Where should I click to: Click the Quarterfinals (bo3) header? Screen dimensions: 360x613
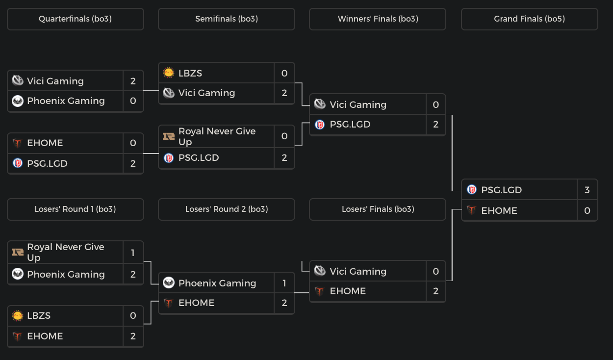[x=75, y=19]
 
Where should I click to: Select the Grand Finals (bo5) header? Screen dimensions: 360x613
[x=529, y=19]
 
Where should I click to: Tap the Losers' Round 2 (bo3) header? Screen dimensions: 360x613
[x=226, y=209]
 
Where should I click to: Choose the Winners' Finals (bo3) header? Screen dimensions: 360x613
[x=378, y=19]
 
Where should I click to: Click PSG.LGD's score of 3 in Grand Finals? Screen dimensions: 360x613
[x=587, y=190]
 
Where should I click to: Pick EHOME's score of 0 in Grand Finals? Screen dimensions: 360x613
[x=587, y=210]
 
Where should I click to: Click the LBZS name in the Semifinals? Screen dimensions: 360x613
[x=190, y=73]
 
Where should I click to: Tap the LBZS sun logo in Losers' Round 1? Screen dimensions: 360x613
[x=18, y=316]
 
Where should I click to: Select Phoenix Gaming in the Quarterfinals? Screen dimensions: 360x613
[x=66, y=101]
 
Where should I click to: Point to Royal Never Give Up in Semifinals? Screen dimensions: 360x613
[x=217, y=136]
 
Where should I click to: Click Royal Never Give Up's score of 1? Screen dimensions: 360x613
[x=133, y=253]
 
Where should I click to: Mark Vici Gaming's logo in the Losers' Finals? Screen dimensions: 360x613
[x=320, y=271]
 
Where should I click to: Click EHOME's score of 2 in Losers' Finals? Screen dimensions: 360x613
[x=435, y=291]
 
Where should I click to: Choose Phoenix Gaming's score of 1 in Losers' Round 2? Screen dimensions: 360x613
[x=284, y=283]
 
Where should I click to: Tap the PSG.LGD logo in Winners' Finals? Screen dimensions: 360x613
[x=320, y=125]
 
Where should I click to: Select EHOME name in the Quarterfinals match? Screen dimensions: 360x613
[x=45, y=143]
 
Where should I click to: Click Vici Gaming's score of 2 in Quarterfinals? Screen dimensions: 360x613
[x=133, y=81]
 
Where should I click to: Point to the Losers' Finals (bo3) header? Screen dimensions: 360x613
[x=378, y=209]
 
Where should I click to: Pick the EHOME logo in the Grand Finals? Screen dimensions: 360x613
[x=472, y=210]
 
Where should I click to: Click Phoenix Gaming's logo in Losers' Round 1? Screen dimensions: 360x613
[x=18, y=274]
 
